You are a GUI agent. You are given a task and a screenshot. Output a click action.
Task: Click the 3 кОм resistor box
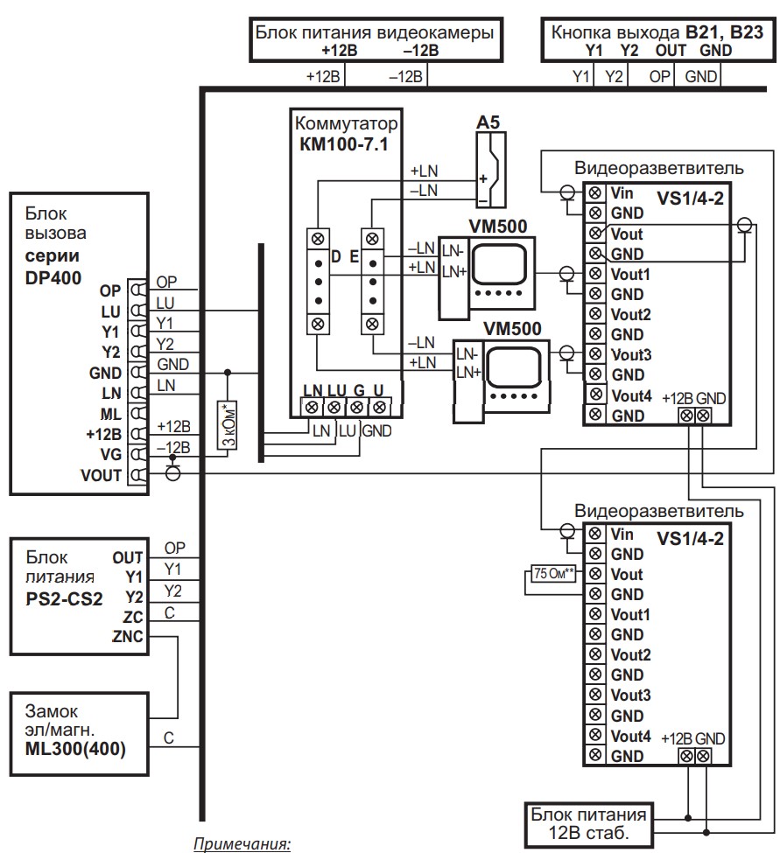click(227, 425)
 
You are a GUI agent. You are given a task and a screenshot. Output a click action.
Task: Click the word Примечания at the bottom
click(242, 845)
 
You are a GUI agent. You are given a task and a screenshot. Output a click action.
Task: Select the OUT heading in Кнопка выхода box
click(671, 50)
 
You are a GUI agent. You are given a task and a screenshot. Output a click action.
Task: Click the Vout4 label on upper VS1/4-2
click(630, 395)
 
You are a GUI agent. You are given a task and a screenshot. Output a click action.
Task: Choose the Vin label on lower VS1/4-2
click(622, 534)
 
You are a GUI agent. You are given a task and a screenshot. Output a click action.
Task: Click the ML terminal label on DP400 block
click(111, 412)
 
